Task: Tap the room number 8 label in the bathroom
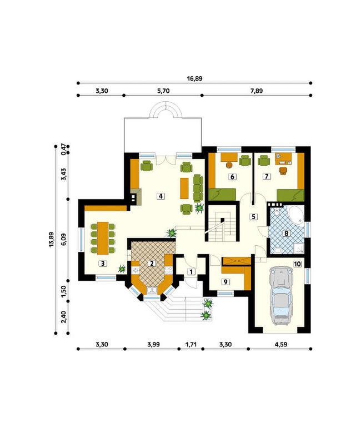[x=286, y=234]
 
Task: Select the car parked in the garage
[x=282, y=296]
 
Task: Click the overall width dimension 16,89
[x=194, y=78]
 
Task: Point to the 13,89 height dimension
[x=51, y=240]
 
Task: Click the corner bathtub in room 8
[x=297, y=216]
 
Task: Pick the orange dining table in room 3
[x=103, y=238]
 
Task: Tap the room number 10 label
[x=297, y=264]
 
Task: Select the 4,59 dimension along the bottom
[x=281, y=344]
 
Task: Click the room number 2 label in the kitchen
[x=152, y=264]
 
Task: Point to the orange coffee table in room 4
[x=184, y=188]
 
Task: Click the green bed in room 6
[x=222, y=195]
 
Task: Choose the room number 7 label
[x=267, y=176]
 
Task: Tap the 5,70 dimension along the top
[x=163, y=91]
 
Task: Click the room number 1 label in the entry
[x=191, y=271]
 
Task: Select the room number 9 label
[x=225, y=282]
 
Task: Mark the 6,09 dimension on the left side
[x=63, y=240]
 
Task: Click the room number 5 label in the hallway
[x=253, y=217]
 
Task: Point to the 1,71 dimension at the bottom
[x=190, y=344]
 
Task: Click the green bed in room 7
[x=290, y=195]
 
